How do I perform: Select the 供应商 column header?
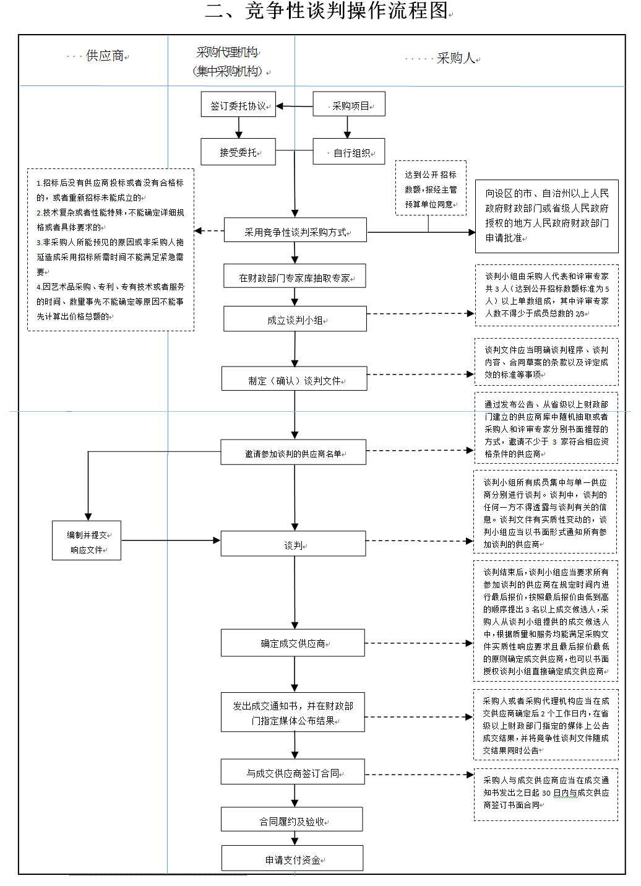tap(105, 56)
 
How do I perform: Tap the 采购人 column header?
tap(455, 59)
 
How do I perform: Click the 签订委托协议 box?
tap(238, 105)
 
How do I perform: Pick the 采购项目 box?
tap(349, 105)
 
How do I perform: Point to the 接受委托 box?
tap(238, 152)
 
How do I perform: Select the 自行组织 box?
tap(349, 152)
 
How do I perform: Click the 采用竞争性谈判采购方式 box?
tap(295, 232)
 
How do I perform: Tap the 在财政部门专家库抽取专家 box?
tap(295, 277)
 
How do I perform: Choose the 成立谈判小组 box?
tap(295, 320)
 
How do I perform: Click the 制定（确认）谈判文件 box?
tap(295, 380)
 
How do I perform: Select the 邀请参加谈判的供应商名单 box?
tap(293, 453)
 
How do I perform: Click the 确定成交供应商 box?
tap(293, 643)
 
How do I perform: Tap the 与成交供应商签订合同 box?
tap(293, 773)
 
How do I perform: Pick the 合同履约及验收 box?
tap(292, 821)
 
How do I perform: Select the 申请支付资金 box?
tap(293, 859)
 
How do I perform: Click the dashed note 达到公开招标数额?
tap(431, 189)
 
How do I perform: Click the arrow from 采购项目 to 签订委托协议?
tap(295, 106)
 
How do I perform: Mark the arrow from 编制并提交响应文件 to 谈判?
tap(171, 541)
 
